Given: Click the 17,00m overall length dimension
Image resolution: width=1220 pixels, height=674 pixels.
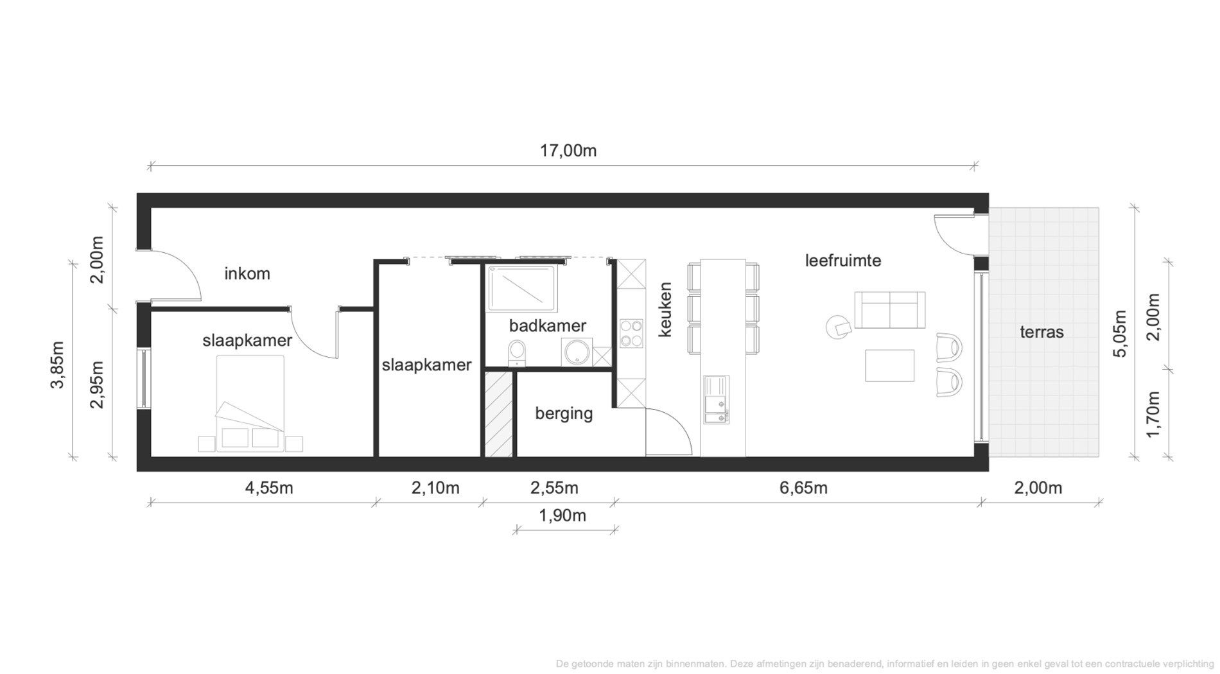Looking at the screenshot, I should coord(568,151).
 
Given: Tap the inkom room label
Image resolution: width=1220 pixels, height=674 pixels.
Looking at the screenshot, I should coord(247,274).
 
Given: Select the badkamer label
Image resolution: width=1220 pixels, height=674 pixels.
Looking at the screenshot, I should coord(547,325).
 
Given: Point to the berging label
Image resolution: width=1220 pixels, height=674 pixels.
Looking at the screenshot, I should coord(564,413).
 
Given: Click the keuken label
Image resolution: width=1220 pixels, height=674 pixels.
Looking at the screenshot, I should coord(665,309).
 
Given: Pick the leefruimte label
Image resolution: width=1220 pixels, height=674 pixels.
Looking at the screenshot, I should coord(842,261).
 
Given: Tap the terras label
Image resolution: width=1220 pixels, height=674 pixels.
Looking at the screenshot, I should coord(1041,332).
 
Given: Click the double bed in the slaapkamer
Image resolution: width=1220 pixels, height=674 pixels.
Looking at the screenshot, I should coord(250,401).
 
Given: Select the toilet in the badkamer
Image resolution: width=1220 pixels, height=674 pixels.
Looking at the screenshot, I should coord(517,353).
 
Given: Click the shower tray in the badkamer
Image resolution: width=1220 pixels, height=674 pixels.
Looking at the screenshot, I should coord(521,286).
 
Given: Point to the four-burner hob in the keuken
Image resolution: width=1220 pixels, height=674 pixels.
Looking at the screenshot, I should coord(631,333).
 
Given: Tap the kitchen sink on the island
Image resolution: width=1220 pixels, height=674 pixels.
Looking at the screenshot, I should coord(716,400).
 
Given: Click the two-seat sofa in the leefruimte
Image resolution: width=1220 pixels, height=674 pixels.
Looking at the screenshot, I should coord(889,309).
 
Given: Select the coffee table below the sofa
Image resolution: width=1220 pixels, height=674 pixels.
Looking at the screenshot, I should coord(889,365).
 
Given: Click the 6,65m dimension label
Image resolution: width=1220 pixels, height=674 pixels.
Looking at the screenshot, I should coord(803,488).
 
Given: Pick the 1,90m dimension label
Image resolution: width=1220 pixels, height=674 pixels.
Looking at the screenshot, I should coord(562,515).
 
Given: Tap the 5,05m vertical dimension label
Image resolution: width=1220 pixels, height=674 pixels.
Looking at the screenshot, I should coord(1120,334).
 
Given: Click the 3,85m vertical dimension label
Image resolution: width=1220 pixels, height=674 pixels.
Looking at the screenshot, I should coord(58,365).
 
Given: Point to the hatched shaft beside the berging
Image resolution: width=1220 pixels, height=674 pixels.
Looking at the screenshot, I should coord(498,415).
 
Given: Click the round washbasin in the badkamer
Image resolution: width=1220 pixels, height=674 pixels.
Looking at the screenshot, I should coord(574,352).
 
